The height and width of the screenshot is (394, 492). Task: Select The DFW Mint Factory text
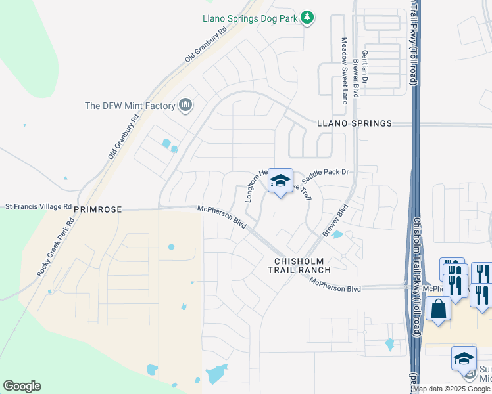(x=130, y=106)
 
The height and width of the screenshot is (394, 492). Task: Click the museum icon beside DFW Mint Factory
(x=185, y=105)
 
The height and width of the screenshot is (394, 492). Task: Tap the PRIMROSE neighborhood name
(x=98, y=209)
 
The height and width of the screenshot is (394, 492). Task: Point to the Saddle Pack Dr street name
(x=328, y=175)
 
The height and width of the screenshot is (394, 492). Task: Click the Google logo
(x=22, y=386)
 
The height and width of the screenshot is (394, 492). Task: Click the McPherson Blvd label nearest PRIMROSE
(x=222, y=217)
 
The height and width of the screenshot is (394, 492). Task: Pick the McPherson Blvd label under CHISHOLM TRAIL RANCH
(x=335, y=284)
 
